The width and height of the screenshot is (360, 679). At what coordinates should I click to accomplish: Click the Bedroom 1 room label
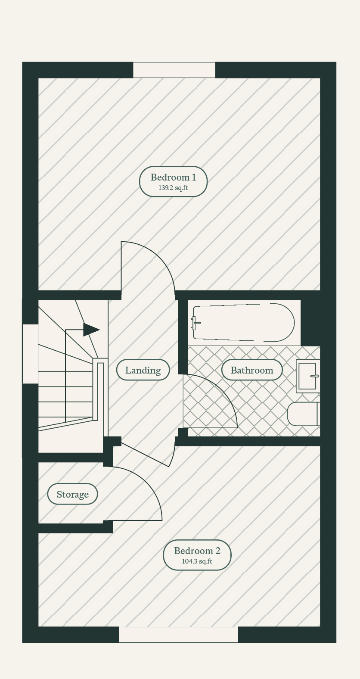(x=174, y=177)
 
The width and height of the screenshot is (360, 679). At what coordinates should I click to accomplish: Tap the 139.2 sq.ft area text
(x=174, y=188)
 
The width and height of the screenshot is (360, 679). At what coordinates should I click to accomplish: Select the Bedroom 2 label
(x=197, y=551)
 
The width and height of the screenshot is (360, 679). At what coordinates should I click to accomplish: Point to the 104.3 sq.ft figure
(x=197, y=561)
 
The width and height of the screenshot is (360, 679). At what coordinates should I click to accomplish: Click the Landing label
(x=143, y=370)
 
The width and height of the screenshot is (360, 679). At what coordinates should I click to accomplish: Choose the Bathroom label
(x=252, y=370)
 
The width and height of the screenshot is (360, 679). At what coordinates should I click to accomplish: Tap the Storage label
(x=73, y=494)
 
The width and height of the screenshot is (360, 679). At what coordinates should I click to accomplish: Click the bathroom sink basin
(x=308, y=376)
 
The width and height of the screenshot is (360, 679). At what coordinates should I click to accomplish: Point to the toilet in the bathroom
(x=303, y=414)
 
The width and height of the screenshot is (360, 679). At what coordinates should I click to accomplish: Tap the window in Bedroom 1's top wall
(x=174, y=70)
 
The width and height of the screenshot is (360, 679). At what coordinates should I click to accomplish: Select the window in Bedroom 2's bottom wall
(x=178, y=635)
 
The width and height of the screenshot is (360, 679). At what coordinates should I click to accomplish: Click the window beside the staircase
(x=30, y=354)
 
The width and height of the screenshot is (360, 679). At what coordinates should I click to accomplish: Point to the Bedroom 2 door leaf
(x=145, y=455)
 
